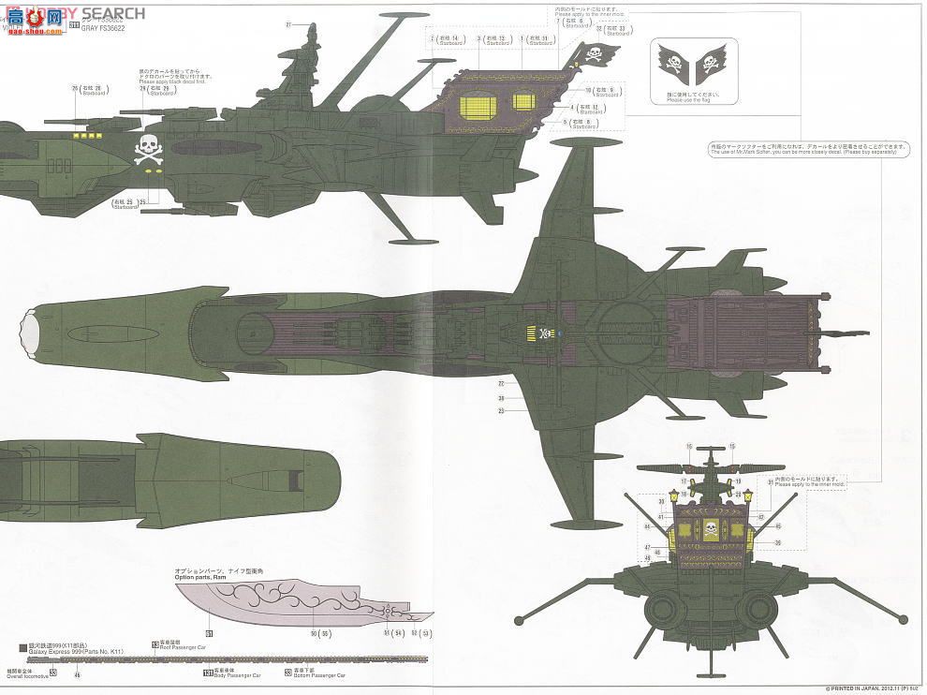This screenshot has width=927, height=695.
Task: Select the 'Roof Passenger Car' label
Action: point(181,646)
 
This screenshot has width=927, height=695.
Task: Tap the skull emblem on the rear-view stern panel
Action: point(709,528)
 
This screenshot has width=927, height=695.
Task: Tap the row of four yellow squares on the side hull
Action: point(87,135)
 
